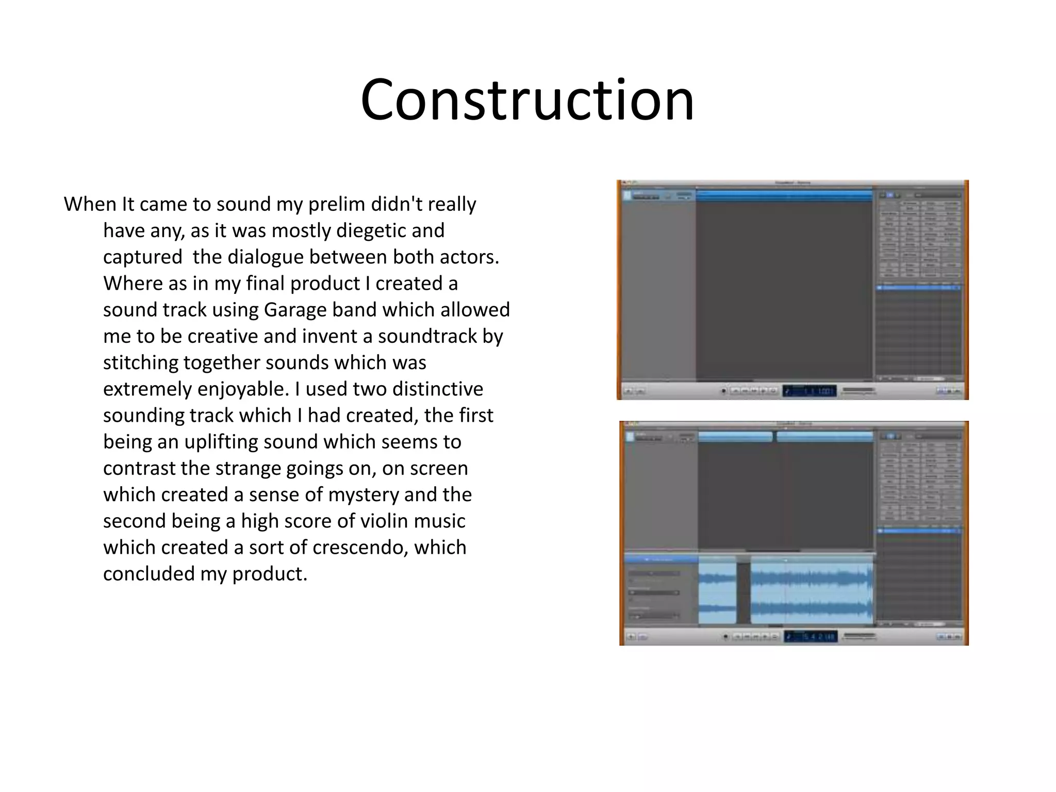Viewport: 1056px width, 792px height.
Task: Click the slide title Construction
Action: point(527,100)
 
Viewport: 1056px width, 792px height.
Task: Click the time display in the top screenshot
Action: point(809,391)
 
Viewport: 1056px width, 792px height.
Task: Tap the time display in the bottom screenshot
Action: point(810,637)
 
